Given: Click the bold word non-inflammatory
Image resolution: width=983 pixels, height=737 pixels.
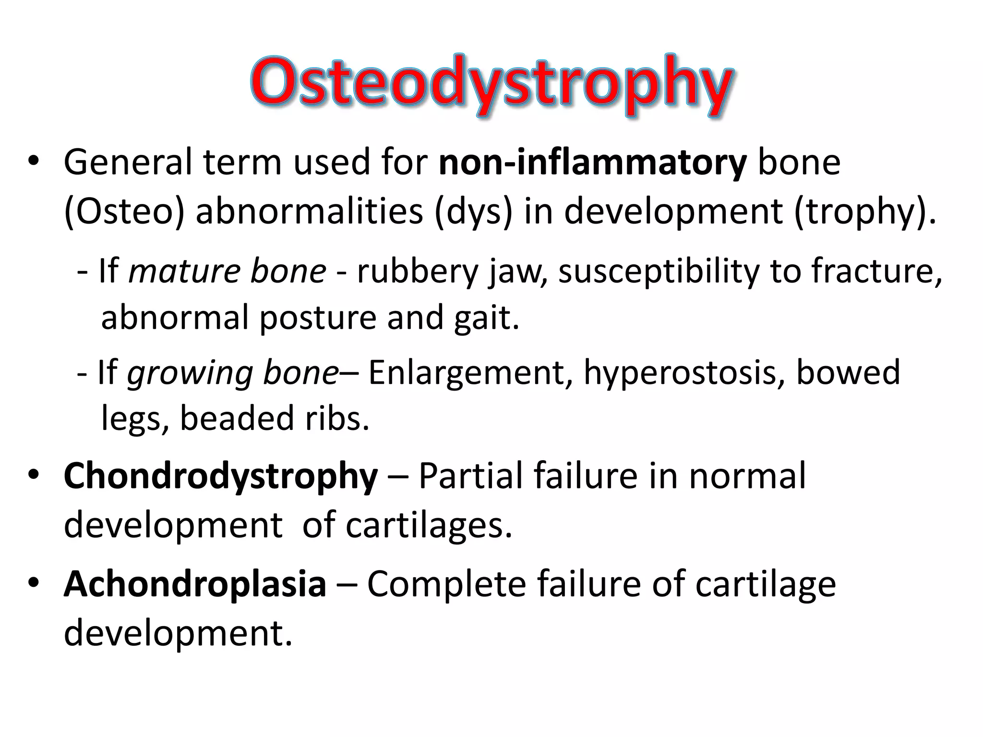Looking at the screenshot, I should pyautogui.click(x=592, y=163).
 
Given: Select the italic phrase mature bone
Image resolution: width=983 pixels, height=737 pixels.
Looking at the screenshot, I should pyautogui.click(x=227, y=271).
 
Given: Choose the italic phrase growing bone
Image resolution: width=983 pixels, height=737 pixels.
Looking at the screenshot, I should pyautogui.click(x=233, y=373).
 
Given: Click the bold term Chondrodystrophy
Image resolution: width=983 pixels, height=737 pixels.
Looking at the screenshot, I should pyautogui.click(x=220, y=476).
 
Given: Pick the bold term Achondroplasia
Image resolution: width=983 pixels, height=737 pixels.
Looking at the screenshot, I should pyautogui.click(x=195, y=584).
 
